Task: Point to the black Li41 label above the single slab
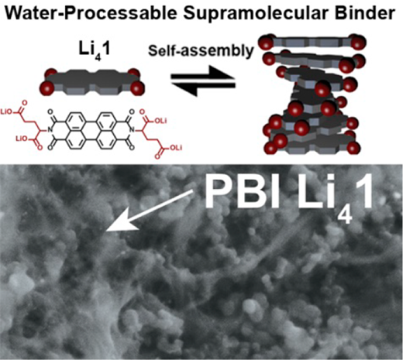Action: (x=95, y=51)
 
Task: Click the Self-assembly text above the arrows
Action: (x=201, y=51)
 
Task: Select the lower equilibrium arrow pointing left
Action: (x=203, y=88)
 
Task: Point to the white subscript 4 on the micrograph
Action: (x=345, y=214)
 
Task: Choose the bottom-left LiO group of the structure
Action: (x=21, y=139)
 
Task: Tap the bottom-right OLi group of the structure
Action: (x=176, y=148)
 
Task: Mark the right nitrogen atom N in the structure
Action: (x=133, y=131)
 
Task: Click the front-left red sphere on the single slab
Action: (x=46, y=89)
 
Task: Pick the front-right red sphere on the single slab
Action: (x=137, y=89)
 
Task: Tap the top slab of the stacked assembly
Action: (x=312, y=42)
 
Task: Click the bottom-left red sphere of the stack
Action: (x=270, y=149)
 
